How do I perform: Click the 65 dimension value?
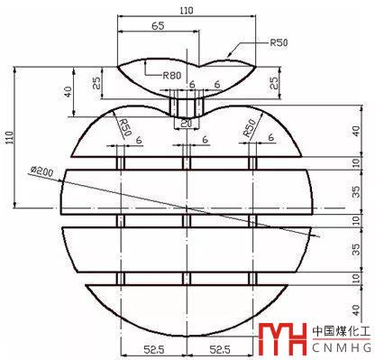(158, 26)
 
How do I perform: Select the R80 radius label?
(172, 75)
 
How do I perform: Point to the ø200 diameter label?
(41, 171)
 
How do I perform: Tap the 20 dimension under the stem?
(186, 124)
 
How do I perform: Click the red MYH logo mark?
(282, 339)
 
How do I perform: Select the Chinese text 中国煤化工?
(342, 331)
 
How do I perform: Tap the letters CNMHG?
(342, 348)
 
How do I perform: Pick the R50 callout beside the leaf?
(279, 42)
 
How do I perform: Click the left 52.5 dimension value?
(153, 349)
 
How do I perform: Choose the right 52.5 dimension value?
(220, 349)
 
